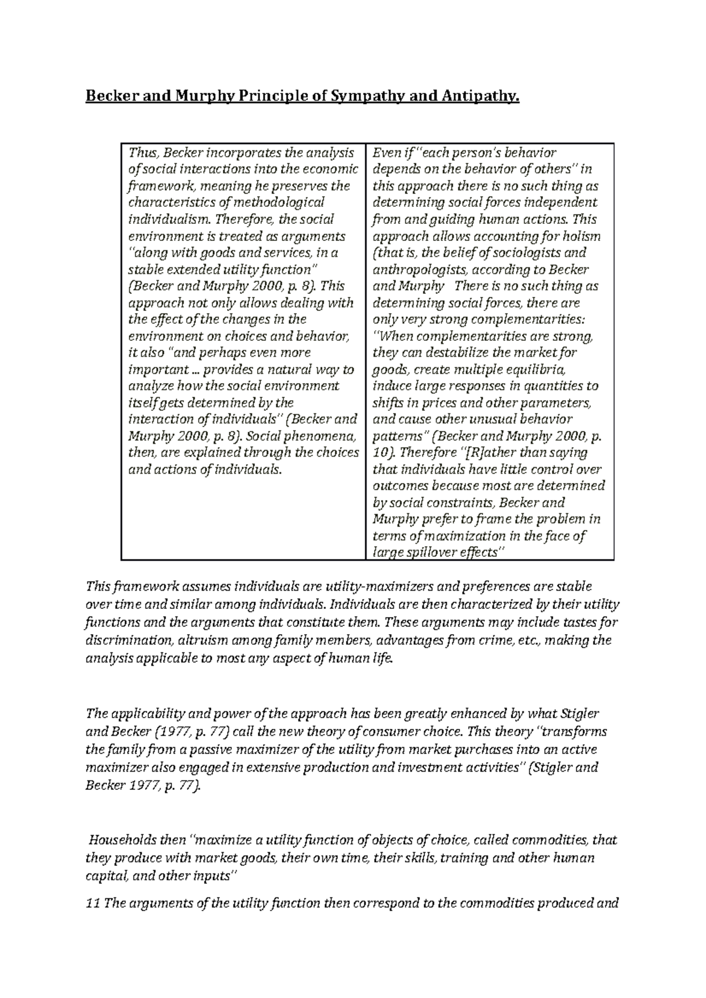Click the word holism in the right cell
[581, 236]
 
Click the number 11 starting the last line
[93, 903]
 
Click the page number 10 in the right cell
[379, 453]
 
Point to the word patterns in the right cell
[398, 437]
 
